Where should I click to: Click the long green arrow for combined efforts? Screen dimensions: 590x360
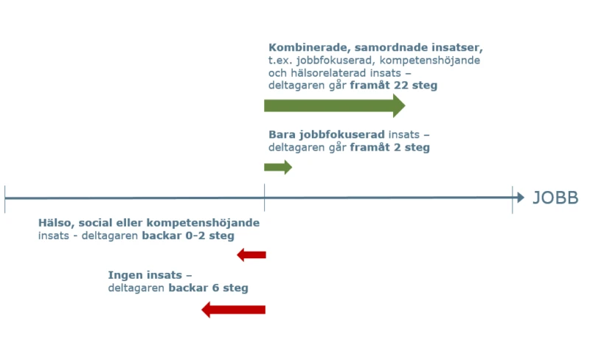click(335, 105)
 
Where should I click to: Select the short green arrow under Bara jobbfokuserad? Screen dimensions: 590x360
click(278, 167)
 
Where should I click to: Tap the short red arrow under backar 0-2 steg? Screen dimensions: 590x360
click(251, 255)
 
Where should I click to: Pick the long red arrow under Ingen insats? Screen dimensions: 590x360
click(233, 310)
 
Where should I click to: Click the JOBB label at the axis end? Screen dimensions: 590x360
click(555, 198)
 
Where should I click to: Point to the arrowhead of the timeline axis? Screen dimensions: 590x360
click(521, 197)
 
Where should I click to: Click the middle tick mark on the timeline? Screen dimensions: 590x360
click(265, 197)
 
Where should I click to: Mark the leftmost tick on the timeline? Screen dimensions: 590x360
click(5, 199)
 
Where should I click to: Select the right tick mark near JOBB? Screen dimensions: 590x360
click(513, 200)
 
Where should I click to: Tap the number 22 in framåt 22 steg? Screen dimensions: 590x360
click(400, 85)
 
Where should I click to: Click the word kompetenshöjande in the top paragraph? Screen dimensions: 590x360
click(430, 60)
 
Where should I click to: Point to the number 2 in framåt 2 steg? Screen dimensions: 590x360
click(397, 148)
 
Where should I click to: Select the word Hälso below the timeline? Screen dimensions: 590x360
click(57, 223)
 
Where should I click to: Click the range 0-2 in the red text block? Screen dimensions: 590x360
click(195, 236)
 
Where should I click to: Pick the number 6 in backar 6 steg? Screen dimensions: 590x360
click(215, 288)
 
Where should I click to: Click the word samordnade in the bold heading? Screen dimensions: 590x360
click(391, 48)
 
